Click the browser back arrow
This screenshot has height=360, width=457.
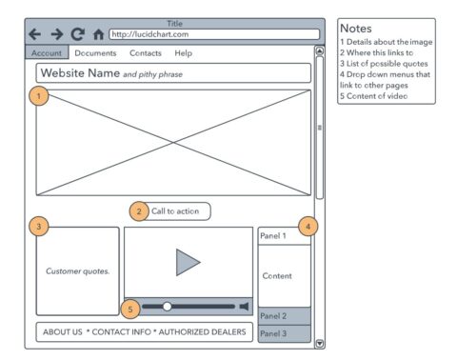(x=35, y=34)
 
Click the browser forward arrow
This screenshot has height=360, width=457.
(x=57, y=34)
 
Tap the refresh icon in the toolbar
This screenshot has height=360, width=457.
(x=78, y=34)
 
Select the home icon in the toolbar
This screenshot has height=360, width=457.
(x=99, y=34)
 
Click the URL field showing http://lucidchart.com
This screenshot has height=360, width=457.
(x=214, y=34)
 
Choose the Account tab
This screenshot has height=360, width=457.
(x=47, y=52)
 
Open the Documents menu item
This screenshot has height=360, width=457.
(x=95, y=53)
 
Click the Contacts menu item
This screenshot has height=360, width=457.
(x=146, y=53)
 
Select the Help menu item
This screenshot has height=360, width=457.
(x=184, y=53)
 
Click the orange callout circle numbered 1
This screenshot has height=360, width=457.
(x=39, y=95)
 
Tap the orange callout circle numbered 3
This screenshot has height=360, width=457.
(x=39, y=227)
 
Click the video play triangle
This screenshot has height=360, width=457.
(x=188, y=262)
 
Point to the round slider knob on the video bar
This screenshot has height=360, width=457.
(x=167, y=307)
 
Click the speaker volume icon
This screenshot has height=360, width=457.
(x=244, y=307)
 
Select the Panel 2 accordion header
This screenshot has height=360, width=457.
(x=285, y=316)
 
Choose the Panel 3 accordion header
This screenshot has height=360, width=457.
(x=285, y=333)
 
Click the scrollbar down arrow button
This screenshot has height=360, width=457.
(x=320, y=344)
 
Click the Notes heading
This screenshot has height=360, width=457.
(x=356, y=29)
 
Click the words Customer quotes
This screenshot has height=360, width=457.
(x=78, y=271)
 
